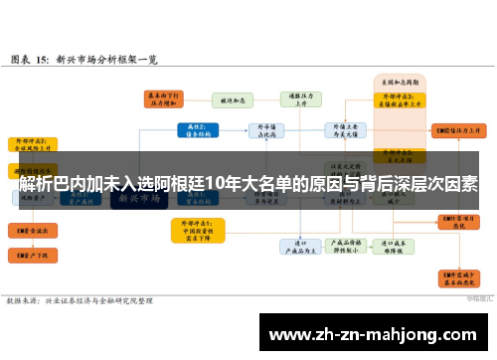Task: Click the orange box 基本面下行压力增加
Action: [x=158, y=98]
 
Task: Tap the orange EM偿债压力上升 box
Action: [x=459, y=130]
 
